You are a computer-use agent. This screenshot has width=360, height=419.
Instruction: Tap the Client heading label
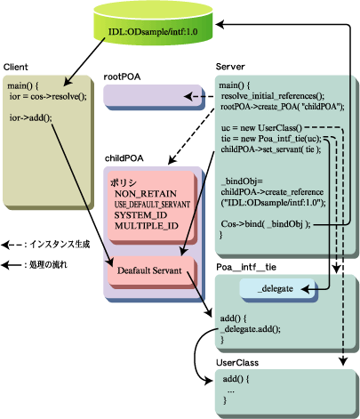pyautogui.click(x=16, y=67)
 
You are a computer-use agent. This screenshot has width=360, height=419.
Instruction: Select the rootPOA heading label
pyautogui.click(x=122, y=77)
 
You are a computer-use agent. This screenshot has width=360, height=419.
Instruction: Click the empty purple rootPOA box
pyautogui.click(x=153, y=96)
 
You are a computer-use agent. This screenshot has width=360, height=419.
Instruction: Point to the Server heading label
pyautogui.click(x=230, y=67)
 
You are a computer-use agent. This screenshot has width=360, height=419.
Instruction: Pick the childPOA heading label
pyautogui.click(x=124, y=158)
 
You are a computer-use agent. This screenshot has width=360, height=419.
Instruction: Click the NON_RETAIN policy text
pyautogui.click(x=146, y=194)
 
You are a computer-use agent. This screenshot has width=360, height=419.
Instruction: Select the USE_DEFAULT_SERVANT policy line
pyautogui.click(x=152, y=205)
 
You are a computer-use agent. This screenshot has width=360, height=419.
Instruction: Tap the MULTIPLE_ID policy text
pyautogui.click(x=147, y=226)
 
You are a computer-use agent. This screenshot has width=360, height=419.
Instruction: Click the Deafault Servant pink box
pyautogui.click(x=151, y=270)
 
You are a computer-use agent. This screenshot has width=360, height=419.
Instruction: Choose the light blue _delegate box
pyautogui.click(x=277, y=288)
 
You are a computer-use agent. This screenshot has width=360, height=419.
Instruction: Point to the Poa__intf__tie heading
pyautogui.click(x=246, y=267)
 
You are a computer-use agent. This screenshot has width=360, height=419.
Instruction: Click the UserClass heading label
pyautogui.click(x=237, y=363)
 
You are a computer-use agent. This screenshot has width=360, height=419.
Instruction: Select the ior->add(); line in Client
pyautogui.click(x=30, y=117)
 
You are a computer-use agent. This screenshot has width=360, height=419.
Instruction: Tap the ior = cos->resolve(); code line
pyautogui.click(x=48, y=96)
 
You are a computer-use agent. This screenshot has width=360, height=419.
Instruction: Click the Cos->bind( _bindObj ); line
pyautogui.click(x=266, y=224)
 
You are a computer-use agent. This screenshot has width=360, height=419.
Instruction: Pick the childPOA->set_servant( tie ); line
pyautogui.click(x=271, y=149)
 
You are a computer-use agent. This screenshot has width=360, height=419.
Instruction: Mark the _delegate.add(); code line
pyautogui.click(x=251, y=329)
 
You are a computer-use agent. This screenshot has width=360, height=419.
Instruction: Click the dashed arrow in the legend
pyautogui.click(x=12, y=245)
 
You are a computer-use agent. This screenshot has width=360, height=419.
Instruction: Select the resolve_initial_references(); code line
pyautogui.click(x=273, y=96)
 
